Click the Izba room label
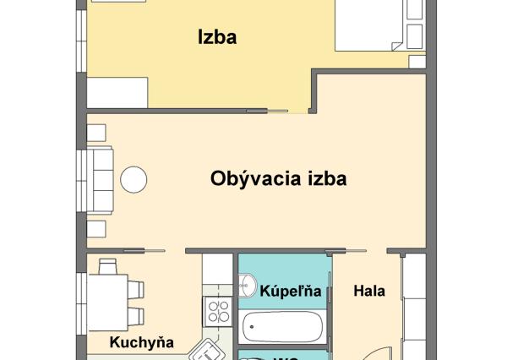[216, 37]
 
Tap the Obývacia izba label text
[278, 179]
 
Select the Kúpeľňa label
[291, 292]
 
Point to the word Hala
[369, 292]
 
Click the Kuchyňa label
[141, 342]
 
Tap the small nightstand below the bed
[417, 62]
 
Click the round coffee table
[133, 179]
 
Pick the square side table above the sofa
[96, 132]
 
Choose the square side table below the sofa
[96, 227]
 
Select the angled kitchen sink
[206, 348]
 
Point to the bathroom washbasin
[248, 288]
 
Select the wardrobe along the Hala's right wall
[413, 308]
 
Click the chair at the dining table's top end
[107, 266]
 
